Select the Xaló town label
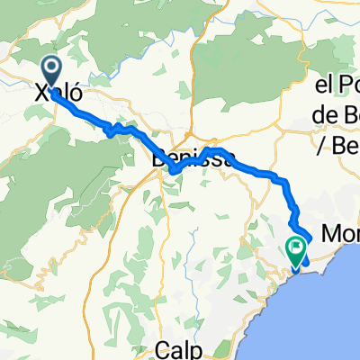pos(58,93)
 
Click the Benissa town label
pos(193,158)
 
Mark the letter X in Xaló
pos(40,93)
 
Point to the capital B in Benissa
pos(159,158)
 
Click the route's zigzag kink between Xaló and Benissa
pos(112,131)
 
